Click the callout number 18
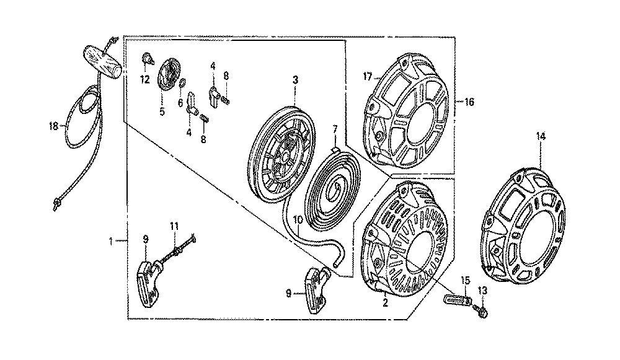[x=53, y=126]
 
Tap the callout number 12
[x=144, y=80]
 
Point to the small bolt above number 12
[x=148, y=58]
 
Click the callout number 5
[x=162, y=112]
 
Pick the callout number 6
[x=180, y=103]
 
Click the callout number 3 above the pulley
[x=295, y=80]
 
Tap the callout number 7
[x=335, y=130]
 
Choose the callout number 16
[x=469, y=102]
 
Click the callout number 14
[x=541, y=137]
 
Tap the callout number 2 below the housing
[x=386, y=304]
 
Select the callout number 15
[x=466, y=281]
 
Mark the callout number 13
[x=482, y=291]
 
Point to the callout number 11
[x=174, y=226]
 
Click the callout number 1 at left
[x=112, y=240]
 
